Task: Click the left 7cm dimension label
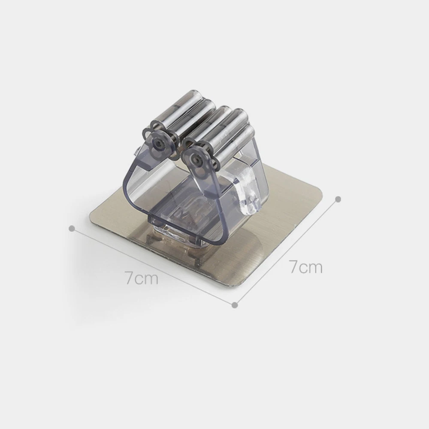click(142, 278)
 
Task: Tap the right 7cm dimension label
click(305, 267)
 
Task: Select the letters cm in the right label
click(311, 267)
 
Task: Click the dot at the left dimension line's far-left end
click(73, 229)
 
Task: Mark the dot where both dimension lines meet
click(235, 305)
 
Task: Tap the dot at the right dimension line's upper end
click(338, 199)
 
